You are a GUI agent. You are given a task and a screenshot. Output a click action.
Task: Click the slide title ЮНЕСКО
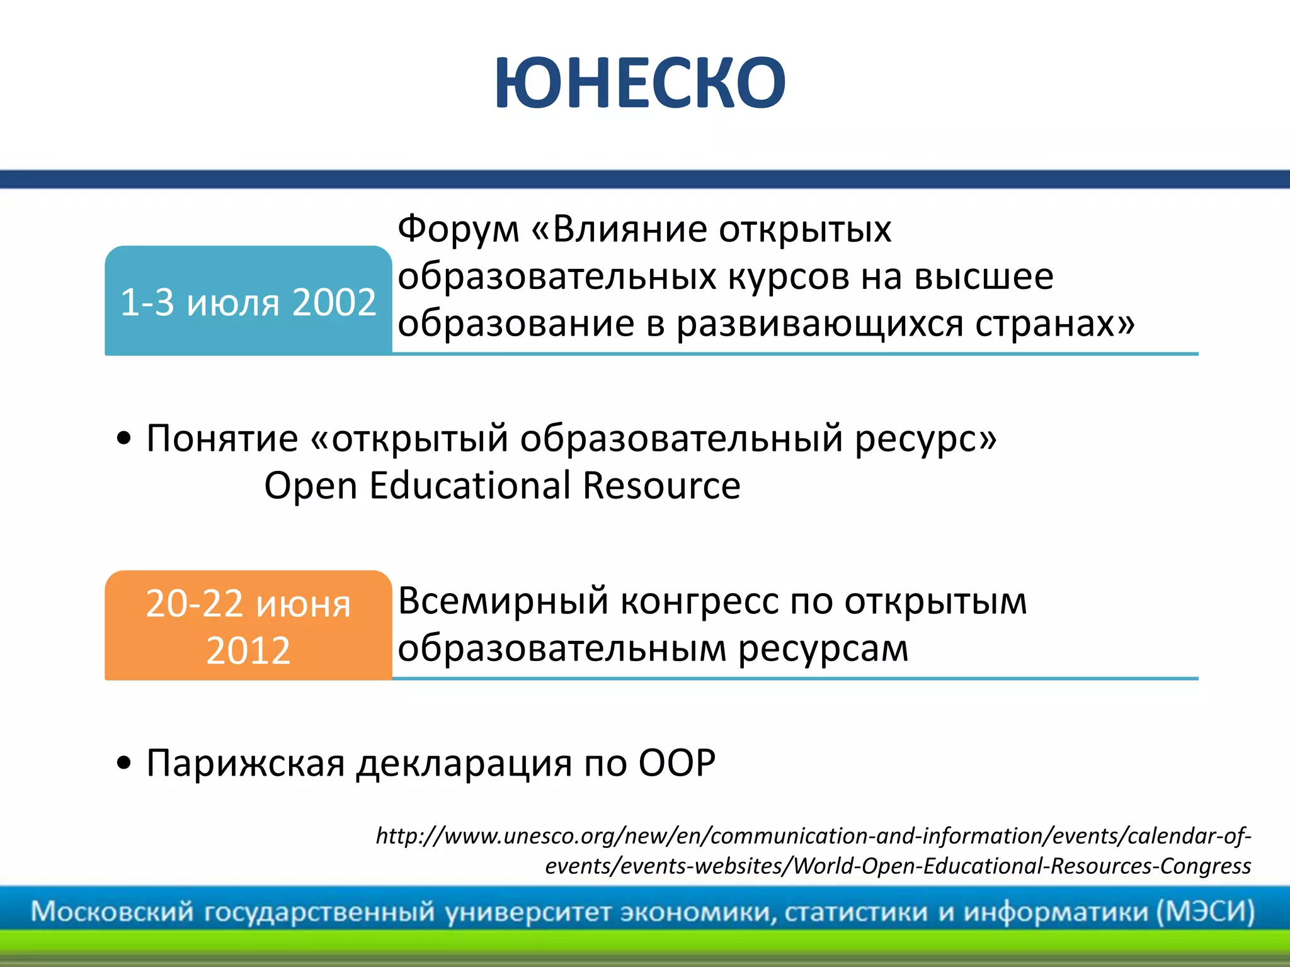click(x=640, y=84)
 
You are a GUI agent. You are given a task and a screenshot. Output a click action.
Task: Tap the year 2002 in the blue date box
click(x=334, y=302)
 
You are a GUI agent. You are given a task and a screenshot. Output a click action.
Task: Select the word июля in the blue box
click(x=233, y=303)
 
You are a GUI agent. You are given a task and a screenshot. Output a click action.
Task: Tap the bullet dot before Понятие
click(x=124, y=438)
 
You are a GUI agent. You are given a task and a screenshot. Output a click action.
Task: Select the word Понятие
click(x=222, y=438)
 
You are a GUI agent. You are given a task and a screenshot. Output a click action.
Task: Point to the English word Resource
click(x=661, y=486)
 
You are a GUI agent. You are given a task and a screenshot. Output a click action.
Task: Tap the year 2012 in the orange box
click(x=248, y=650)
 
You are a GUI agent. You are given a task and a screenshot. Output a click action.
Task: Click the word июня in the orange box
click(x=303, y=604)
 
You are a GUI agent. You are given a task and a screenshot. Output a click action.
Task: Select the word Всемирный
click(x=503, y=601)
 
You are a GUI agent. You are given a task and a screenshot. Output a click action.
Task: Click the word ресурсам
click(x=823, y=648)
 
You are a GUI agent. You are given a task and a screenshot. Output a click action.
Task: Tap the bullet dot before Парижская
click(x=124, y=763)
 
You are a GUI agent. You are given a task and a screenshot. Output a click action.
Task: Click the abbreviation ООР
click(x=677, y=763)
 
